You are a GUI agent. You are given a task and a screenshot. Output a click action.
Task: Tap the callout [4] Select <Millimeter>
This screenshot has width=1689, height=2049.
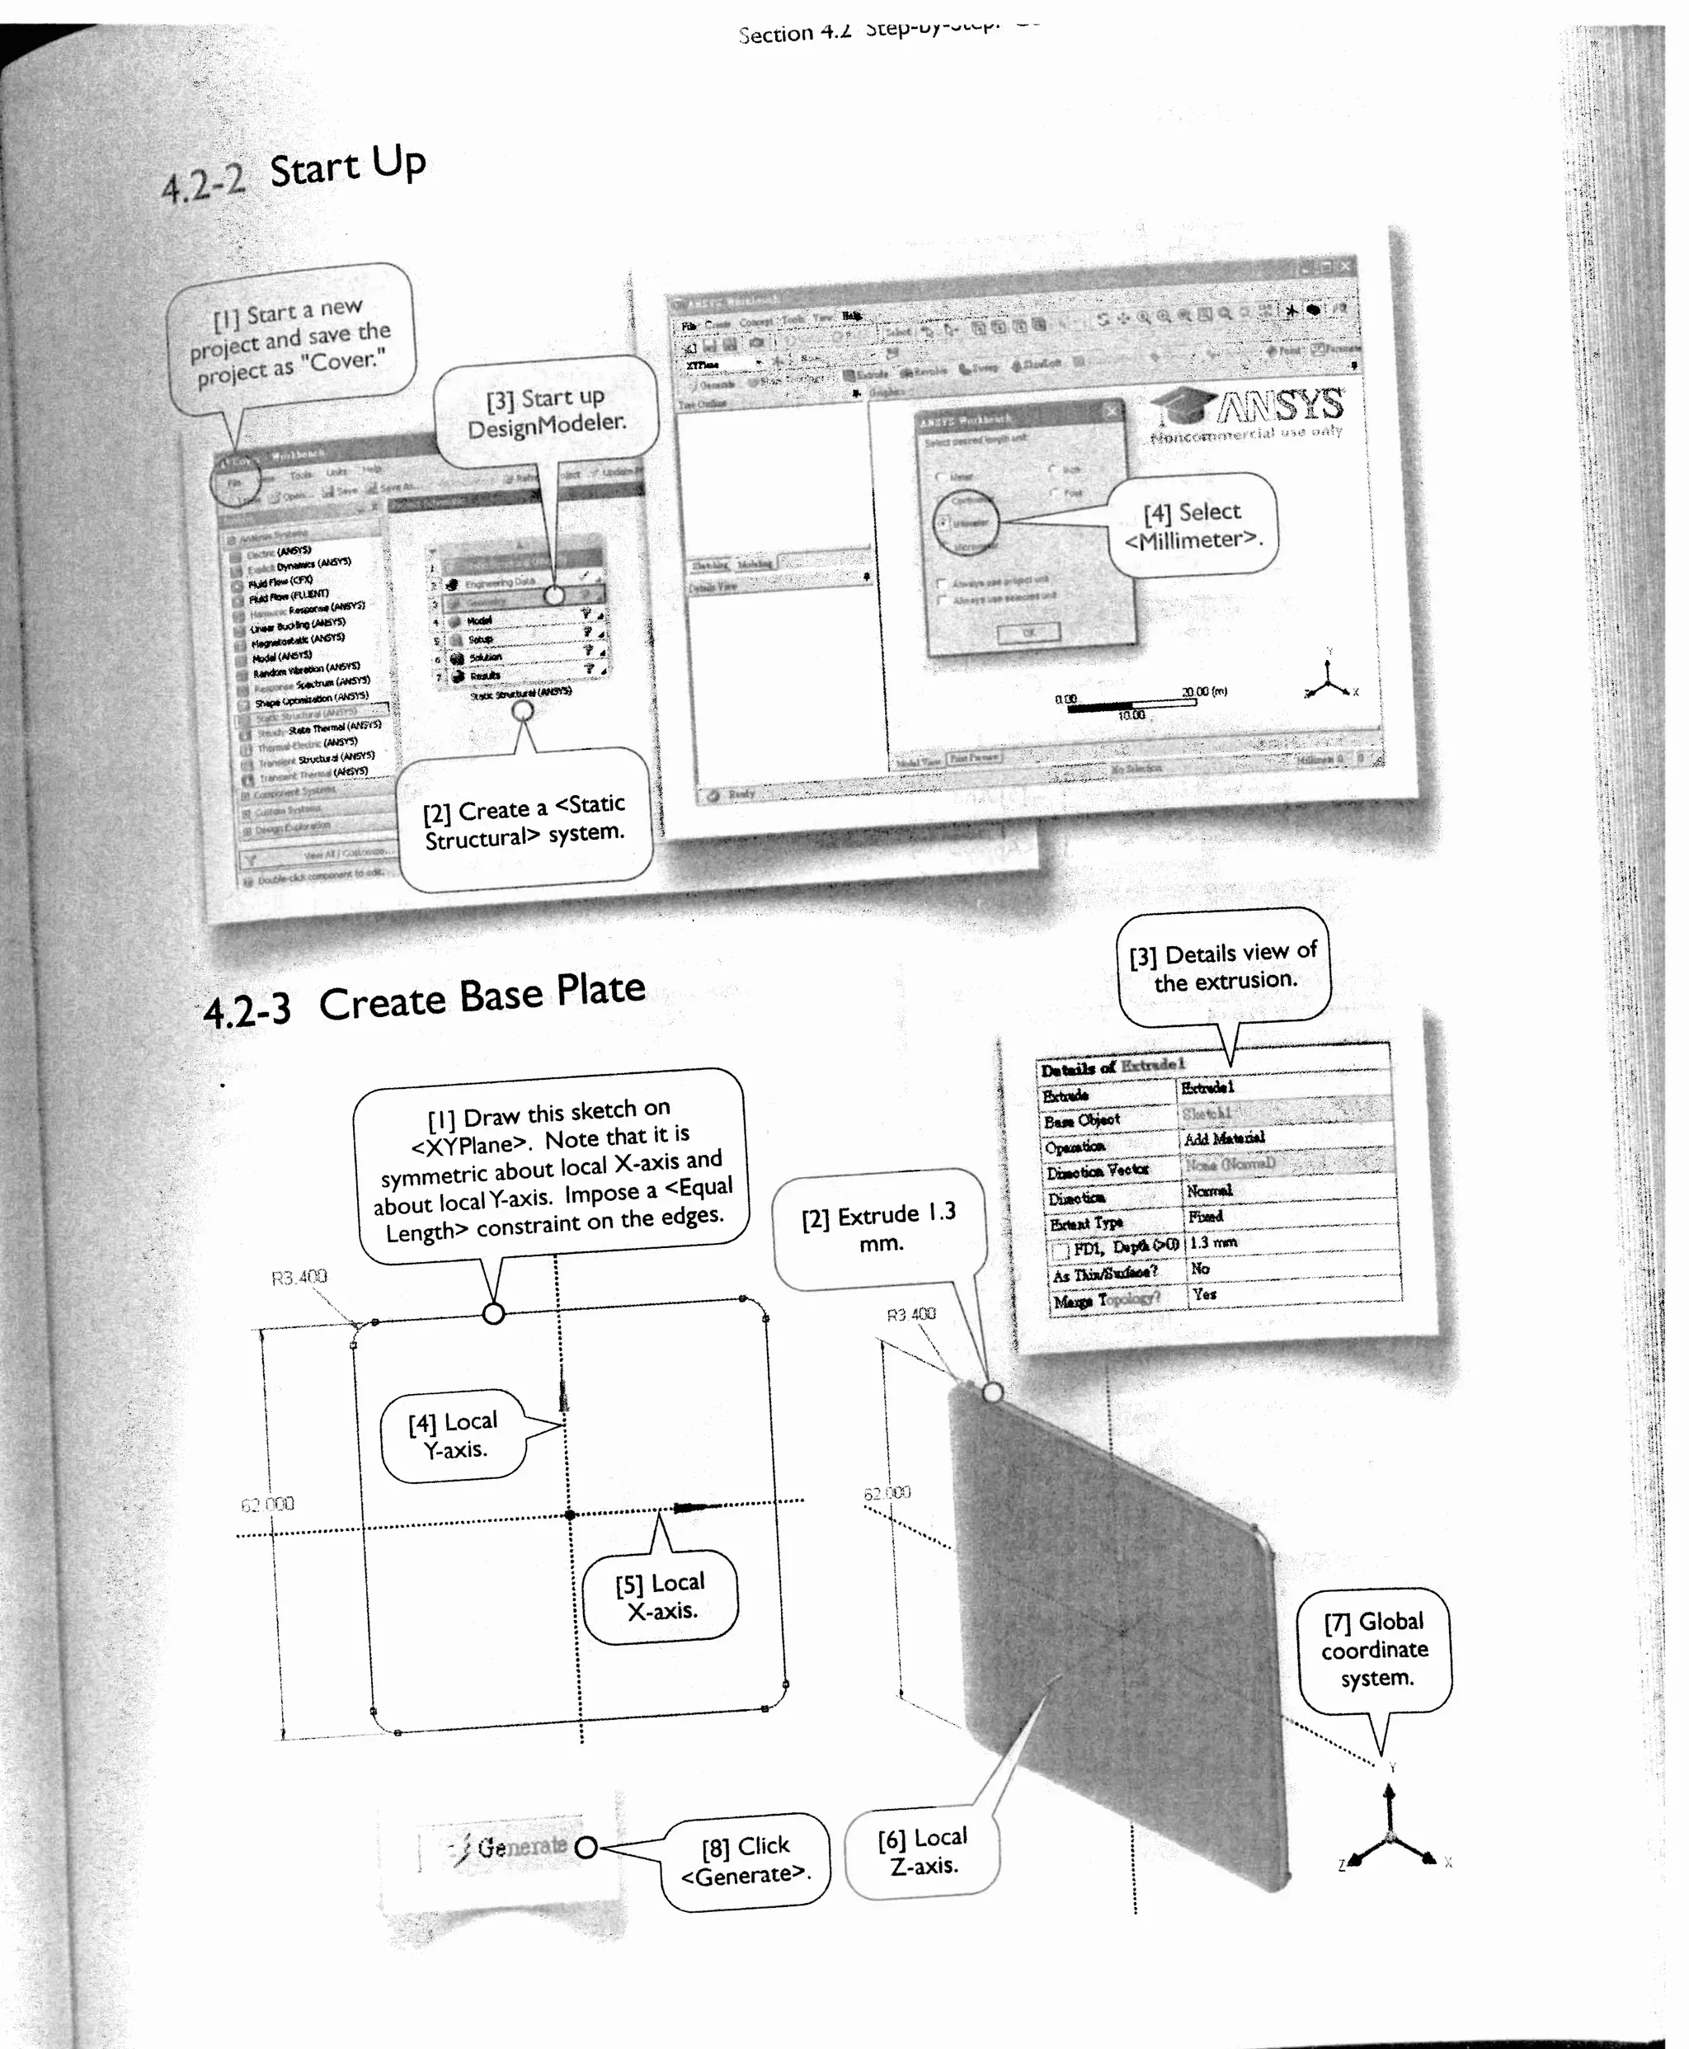[x=1192, y=525]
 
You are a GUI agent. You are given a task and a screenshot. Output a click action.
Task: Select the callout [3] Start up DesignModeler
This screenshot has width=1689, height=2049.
[x=546, y=412]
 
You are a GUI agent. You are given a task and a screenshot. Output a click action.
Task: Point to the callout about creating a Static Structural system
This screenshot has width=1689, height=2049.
[x=525, y=820]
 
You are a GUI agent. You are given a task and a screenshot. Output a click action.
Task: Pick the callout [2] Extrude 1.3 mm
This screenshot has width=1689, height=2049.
[x=878, y=1228]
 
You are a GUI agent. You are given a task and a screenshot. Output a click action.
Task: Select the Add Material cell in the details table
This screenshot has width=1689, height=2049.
[x=1223, y=1138]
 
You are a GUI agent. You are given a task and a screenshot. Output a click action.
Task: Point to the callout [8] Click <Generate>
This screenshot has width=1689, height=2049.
[x=746, y=1860]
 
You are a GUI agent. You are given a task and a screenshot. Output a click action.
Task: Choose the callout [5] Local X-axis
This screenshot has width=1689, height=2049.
[x=661, y=1597]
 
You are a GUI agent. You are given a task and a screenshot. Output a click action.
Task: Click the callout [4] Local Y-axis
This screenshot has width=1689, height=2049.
[x=454, y=1435]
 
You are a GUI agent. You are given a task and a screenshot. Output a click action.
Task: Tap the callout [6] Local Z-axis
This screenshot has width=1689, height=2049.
[x=922, y=1852]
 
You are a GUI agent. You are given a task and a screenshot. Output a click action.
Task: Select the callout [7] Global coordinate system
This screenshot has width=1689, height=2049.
[x=1375, y=1650]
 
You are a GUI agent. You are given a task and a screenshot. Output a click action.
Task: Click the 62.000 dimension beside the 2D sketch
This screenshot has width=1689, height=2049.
[x=267, y=1504]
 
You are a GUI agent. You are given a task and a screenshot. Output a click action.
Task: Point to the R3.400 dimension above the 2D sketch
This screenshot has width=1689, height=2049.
[x=299, y=1278]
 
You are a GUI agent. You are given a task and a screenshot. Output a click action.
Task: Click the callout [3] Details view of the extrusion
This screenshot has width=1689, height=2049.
[x=1224, y=966]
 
